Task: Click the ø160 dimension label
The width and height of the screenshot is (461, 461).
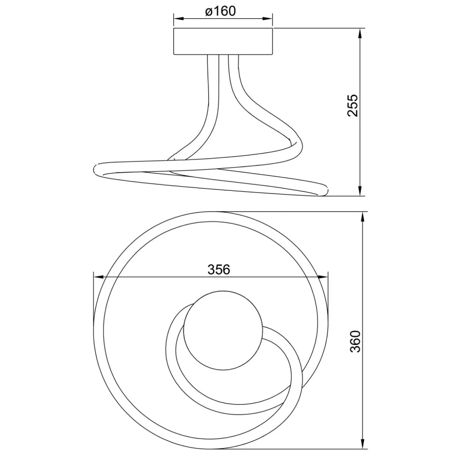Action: (x=220, y=11)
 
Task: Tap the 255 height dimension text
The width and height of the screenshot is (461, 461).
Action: (x=352, y=106)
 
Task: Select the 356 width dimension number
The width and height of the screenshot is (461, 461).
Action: (x=219, y=270)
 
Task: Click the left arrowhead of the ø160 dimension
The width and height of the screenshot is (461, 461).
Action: (x=178, y=19)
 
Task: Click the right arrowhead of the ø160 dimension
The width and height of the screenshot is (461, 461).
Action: (x=268, y=19)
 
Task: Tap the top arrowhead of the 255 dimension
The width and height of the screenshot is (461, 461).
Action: (x=360, y=33)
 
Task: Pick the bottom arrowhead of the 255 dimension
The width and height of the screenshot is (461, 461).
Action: (x=360, y=191)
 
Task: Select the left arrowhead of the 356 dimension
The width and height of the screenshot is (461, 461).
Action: (x=99, y=277)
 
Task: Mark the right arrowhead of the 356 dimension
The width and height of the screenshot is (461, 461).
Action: (x=323, y=277)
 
